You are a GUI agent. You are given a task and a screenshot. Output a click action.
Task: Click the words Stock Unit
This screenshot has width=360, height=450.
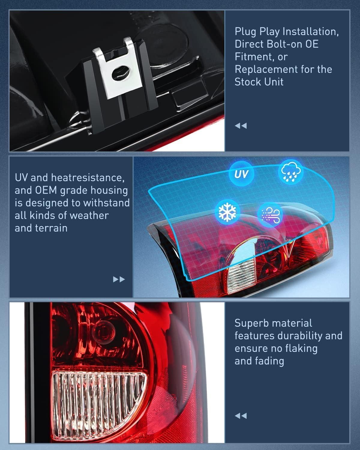[x=259, y=82]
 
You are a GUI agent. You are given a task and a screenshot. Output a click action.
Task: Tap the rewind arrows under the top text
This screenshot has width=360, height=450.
[x=241, y=125]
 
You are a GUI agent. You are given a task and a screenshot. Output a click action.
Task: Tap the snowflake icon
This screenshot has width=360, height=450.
[x=227, y=212]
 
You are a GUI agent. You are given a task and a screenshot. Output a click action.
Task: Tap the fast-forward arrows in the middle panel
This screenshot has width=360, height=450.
[x=119, y=280]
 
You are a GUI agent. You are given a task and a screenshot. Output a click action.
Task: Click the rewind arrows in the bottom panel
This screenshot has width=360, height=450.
[x=241, y=415]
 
